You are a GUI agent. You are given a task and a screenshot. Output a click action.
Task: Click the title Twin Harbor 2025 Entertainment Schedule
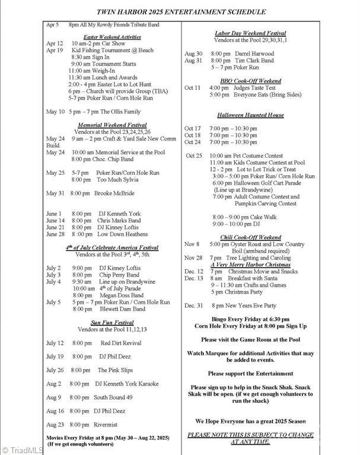click(179, 12)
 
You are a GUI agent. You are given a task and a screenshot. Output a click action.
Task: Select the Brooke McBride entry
click(114, 193)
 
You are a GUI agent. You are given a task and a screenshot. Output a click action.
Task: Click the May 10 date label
click(55, 111)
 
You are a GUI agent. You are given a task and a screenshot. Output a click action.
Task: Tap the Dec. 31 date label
click(194, 306)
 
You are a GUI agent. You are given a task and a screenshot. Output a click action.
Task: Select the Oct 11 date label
click(193, 88)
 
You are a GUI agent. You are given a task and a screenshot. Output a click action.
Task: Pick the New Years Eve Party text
click(246, 306)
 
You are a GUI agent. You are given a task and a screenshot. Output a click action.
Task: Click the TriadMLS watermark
click(22, 450)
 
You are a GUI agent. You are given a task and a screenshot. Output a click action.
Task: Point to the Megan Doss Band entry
click(120, 295)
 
